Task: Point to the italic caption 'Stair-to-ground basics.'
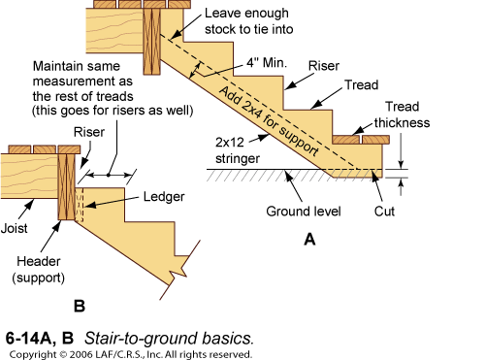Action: pos(169,339)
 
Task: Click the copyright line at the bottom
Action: pos(130,353)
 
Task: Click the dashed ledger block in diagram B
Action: pos(81,204)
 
